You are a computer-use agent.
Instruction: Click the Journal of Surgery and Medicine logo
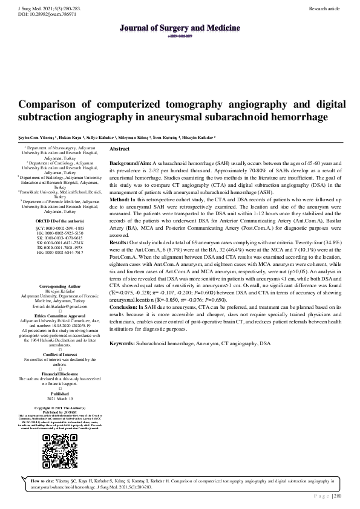(x=180, y=28)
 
